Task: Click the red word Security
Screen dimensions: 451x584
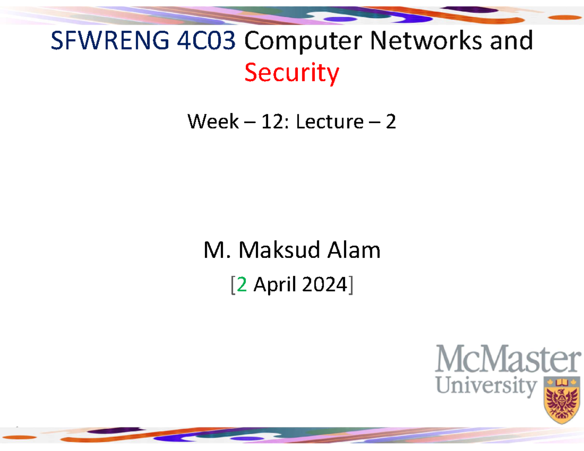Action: [x=292, y=73]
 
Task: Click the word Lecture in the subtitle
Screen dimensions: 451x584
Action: [x=329, y=122]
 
